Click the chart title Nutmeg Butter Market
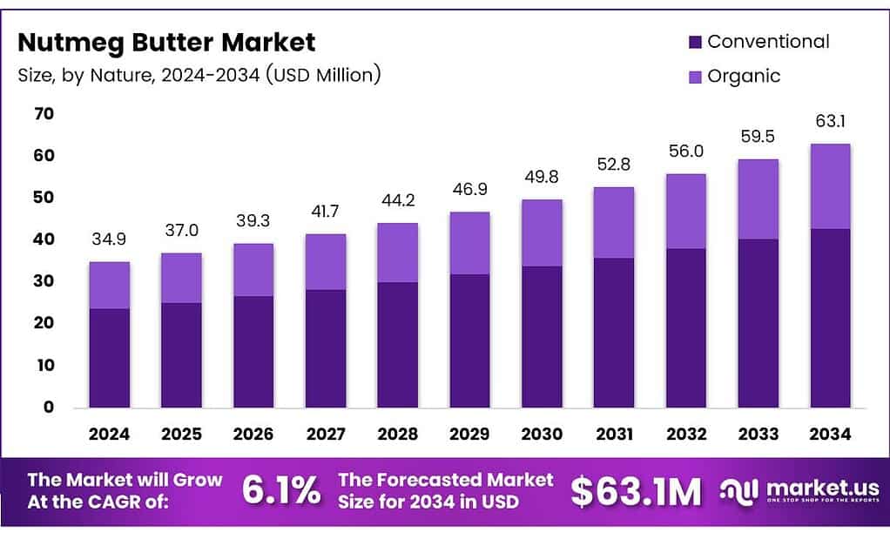click(x=166, y=42)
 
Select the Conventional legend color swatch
click(x=695, y=42)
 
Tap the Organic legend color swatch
click(x=695, y=77)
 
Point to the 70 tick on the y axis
click(x=44, y=114)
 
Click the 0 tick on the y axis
click(x=49, y=407)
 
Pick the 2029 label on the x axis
click(x=469, y=434)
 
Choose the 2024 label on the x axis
click(x=109, y=434)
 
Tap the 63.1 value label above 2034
click(x=829, y=121)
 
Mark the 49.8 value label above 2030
click(x=541, y=177)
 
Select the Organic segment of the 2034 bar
click(x=829, y=186)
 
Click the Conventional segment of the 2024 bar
click(x=109, y=358)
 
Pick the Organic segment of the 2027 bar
click(x=325, y=262)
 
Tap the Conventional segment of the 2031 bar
click(x=613, y=333)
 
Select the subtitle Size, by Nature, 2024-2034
click(x=199, y=75)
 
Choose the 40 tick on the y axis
click(x=44, y=239)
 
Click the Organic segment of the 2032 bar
click(x=685, y=212)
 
